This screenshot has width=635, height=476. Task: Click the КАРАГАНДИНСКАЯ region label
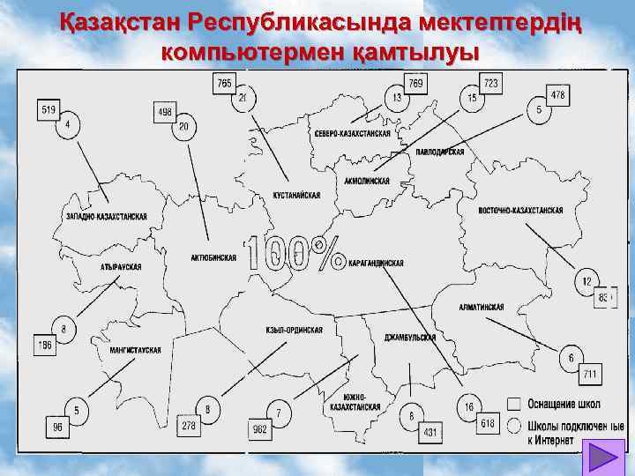pyautogui.click(x=377, y=264)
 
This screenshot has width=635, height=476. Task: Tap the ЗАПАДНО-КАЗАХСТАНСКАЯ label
pyautogui.click(x=107, y=216)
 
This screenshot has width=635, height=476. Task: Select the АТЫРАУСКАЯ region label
pyautogui.click(x=121, y=266)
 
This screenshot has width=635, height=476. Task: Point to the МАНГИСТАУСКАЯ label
pyautogui.click(x=135, y=350)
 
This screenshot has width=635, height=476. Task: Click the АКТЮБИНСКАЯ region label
pyautogui.click(x=213, y=258)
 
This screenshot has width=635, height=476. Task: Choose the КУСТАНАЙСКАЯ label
pyautogui.click(x=296, y=194)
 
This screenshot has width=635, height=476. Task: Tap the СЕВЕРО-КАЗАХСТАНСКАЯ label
pyautogui.click(x=351, y=133)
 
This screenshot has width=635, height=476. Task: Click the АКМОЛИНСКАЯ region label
pyautogui.click(x=368, y=180)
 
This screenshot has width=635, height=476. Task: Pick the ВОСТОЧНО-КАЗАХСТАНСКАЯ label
pyautogui.click(x=519, y=211)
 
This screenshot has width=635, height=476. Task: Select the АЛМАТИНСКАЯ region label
pyautogui.click(x=482, y=307)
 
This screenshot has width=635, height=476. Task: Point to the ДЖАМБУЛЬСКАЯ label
pyautogui.click(x=411, y=338)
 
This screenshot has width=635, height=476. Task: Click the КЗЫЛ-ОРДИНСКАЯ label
pyautogui.click(x=295, y=331)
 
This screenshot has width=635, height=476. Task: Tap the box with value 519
pyautogui.click(x=49, y=109)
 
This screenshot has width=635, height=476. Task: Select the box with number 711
pyautogui.click(x=589, y=375)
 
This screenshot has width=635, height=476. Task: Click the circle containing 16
pyautogui.click(x=468, y=407)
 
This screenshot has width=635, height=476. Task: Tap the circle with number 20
pyautogui.click(x=183, y=129)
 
